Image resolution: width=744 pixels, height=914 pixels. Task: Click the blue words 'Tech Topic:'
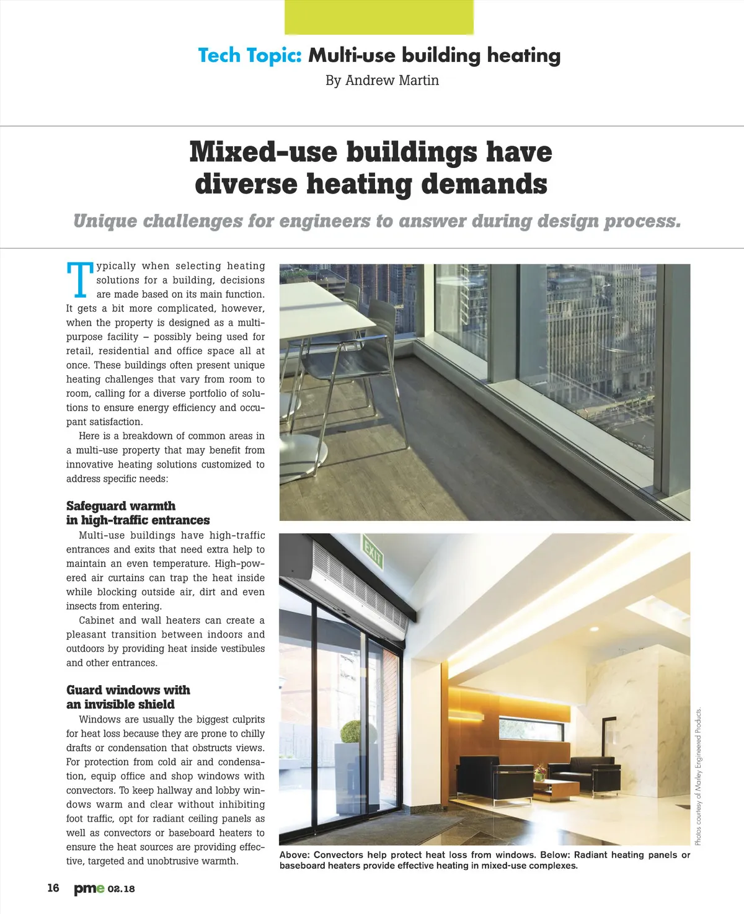249,56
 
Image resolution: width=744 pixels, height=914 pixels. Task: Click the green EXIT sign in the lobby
373,553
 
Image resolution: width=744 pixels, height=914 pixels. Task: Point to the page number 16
53,888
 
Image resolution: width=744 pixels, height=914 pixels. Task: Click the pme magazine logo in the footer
89,889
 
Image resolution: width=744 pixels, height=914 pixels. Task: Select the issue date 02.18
122,889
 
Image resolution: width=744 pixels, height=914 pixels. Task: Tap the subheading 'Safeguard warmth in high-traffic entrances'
138,513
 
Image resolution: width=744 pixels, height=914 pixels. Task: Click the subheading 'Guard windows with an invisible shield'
128,698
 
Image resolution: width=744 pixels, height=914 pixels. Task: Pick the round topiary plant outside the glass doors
350,732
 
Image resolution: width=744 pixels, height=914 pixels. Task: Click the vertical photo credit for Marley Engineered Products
698,776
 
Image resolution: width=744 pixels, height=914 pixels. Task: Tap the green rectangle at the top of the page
379,17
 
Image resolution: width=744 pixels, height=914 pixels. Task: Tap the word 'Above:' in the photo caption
294,855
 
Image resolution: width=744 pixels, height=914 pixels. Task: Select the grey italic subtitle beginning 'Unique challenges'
377,221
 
